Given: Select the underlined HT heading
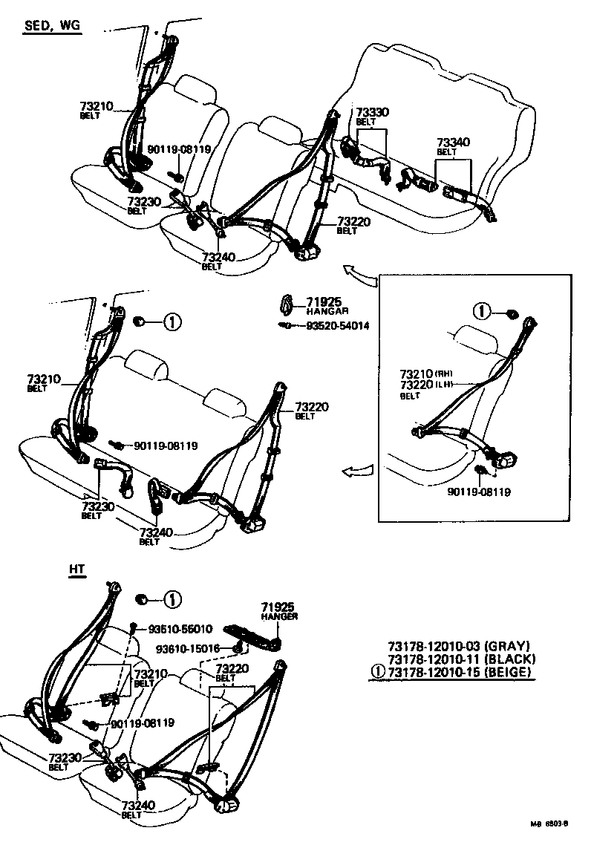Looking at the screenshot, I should point(77,570).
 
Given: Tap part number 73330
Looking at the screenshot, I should point(371,112).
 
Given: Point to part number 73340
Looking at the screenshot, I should point(453,142).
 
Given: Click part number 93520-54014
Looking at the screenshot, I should point(337,326).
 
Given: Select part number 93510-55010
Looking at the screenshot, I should point(180,628).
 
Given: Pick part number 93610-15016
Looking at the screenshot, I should point(187,648).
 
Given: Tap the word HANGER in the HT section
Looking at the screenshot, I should point(278,616).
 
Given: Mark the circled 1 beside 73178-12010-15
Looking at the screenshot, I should point(378,673).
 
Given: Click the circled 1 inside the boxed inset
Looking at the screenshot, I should point(483,310).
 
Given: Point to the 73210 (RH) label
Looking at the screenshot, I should point(426,373).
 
